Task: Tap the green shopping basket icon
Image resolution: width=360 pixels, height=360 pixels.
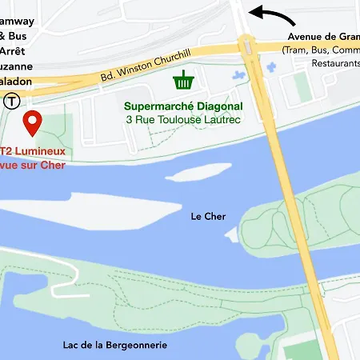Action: click(184, 81)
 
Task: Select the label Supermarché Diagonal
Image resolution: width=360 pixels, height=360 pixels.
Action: click(182, 105)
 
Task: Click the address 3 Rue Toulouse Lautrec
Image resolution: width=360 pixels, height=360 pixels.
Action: click(182, 119)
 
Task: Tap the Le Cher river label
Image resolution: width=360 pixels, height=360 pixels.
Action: click(208, 216)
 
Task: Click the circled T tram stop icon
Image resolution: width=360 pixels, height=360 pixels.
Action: click(11, 101)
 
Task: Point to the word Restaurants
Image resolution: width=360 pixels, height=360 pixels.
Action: click(336, 63)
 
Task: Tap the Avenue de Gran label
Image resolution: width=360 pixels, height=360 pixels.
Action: click(324, 37)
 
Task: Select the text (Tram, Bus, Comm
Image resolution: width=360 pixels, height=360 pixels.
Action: click(320, 50)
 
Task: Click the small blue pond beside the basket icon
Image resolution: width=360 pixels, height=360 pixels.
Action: click(238, 75)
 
